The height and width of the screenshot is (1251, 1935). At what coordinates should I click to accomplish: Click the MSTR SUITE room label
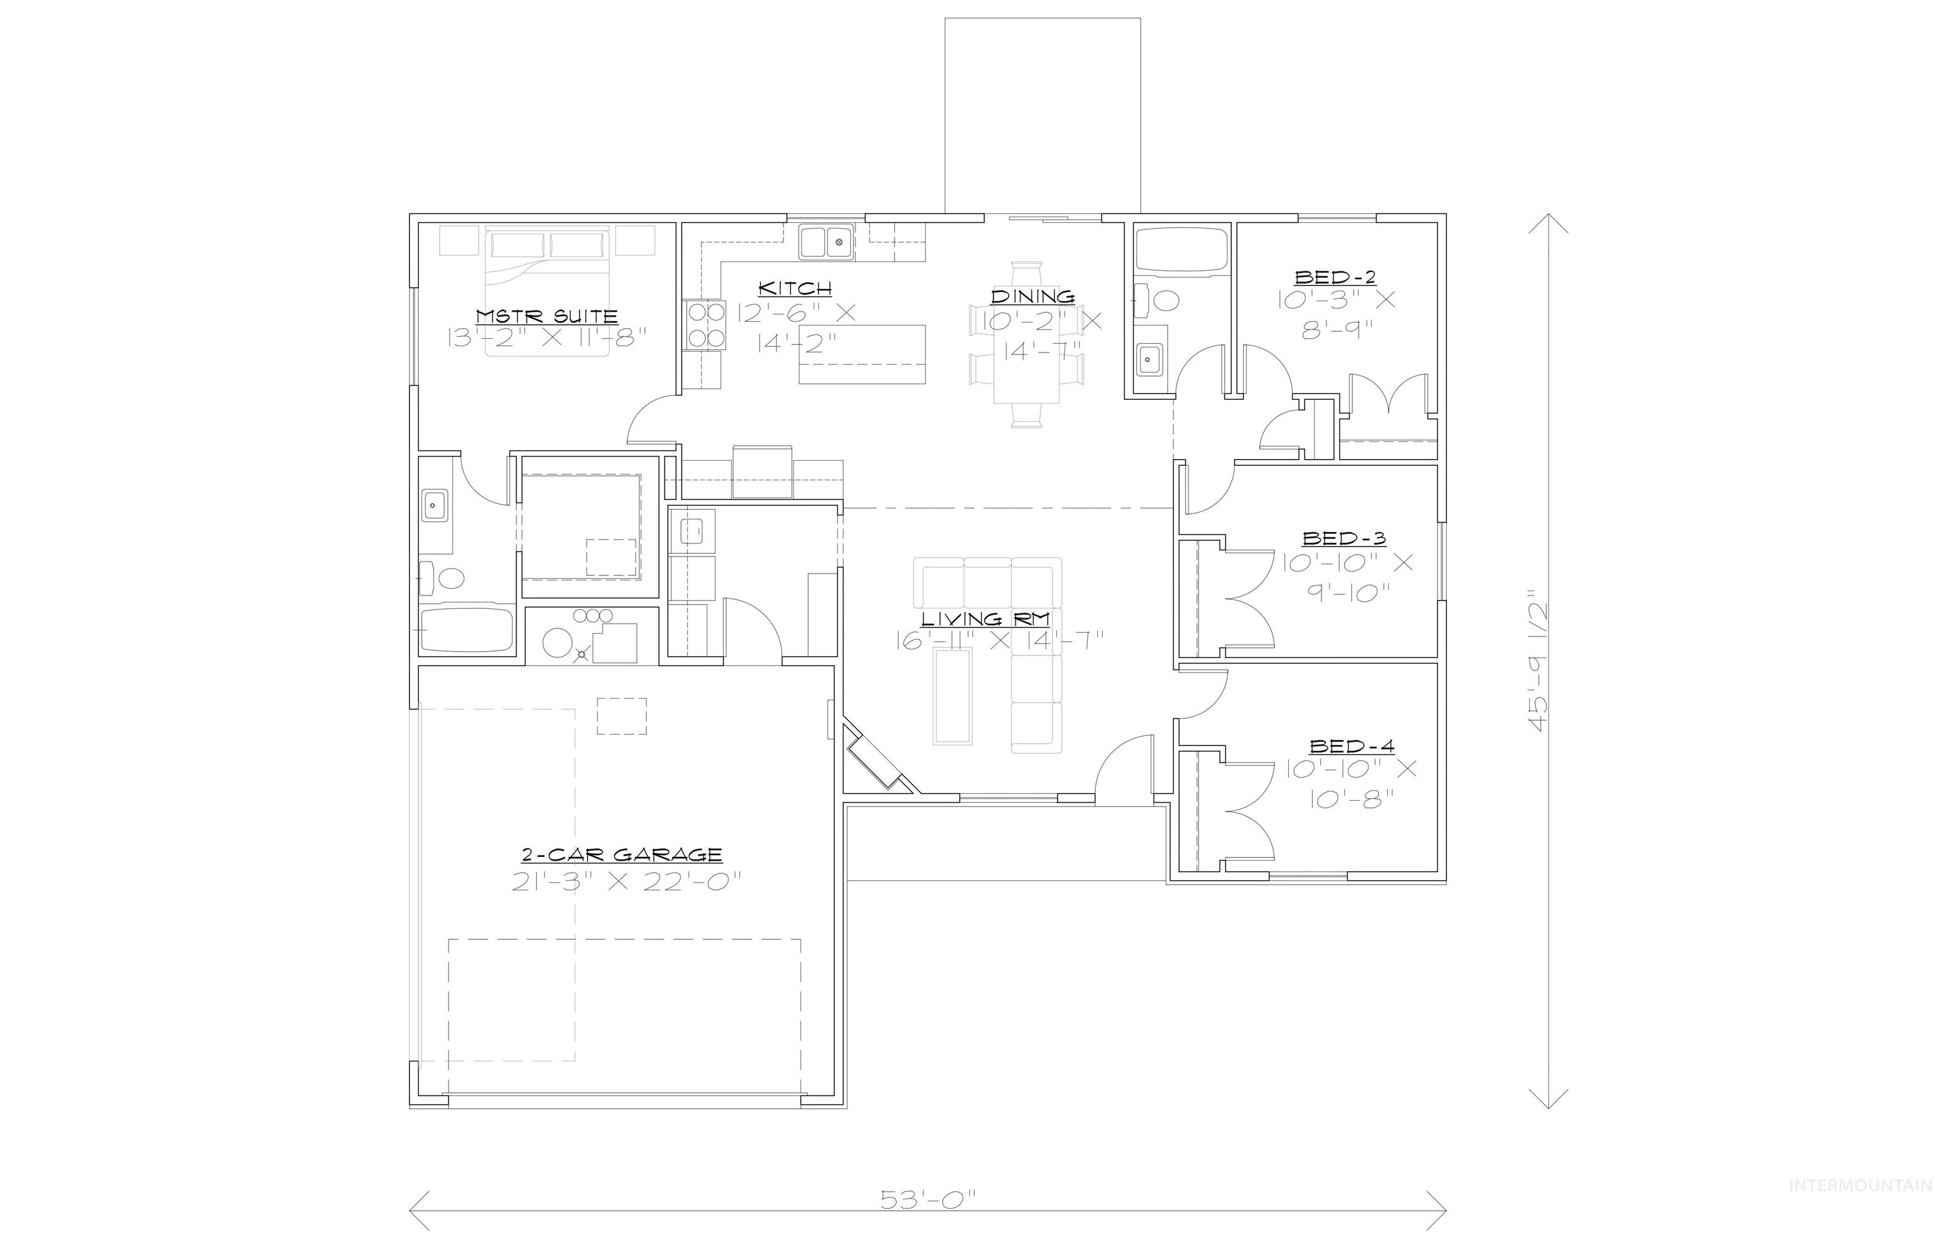pos(546,316)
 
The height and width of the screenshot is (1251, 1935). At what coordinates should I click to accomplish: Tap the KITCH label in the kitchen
pos(794,288)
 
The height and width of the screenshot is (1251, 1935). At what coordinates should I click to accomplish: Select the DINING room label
pos(1032,297)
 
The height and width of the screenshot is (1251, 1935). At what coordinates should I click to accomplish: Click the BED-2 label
pos(1335,277)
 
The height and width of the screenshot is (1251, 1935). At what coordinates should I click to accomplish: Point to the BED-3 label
pos(1344,538)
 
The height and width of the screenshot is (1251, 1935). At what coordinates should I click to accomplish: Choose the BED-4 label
pos(1352,745)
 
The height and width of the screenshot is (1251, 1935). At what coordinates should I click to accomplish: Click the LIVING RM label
pos(985,619)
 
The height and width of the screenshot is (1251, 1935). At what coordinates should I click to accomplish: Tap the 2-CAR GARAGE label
pos(622,854)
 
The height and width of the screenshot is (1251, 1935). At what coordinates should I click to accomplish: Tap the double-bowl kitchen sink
pos(826,242)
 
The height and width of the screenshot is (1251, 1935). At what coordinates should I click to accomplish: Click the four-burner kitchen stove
pos(706,325)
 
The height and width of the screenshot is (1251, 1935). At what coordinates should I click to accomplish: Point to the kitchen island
pos(862,354)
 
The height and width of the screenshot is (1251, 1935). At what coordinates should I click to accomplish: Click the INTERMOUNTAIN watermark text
pos(1860,1208)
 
